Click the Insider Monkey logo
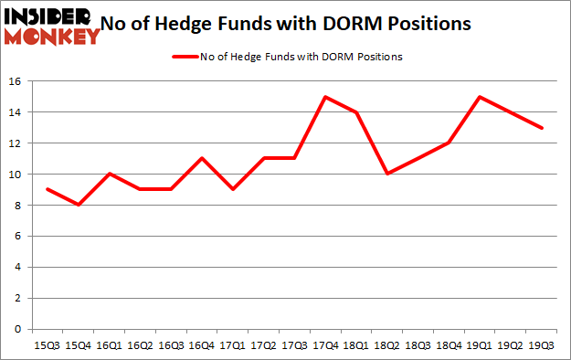point(52,26)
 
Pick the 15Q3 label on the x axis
point(47,345)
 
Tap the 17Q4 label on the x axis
point(326,345)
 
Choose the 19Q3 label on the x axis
point(543,345)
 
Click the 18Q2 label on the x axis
point(387,345)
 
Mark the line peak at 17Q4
point(326,97)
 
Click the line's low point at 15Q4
point(78,205)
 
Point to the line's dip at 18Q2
point(387,174)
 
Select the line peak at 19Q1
point(481,97)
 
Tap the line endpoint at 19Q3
point(543,128)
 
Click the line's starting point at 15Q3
point(47,189)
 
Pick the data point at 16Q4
point(202,158)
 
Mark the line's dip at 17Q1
point(233,189)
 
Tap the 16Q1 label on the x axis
point(109,345)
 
